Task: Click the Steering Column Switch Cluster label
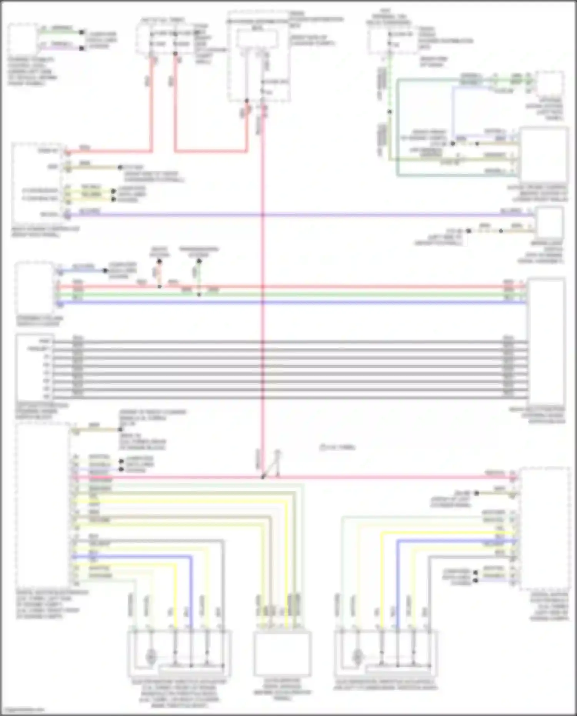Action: [x=40, y=321]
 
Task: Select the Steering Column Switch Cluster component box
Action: [x=34, y=288]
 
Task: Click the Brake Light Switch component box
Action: [x=550, y=222]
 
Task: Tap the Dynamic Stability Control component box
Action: [x=23, y=39]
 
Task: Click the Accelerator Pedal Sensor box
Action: [x=282, y=653]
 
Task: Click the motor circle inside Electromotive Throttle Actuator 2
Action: [x=357, y=656]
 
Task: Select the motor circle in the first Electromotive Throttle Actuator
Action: [x=151, y=656]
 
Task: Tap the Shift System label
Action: [x=159, y=252]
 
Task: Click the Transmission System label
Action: [x=198, y=252]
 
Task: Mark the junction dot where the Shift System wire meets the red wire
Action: [x=160, y=287]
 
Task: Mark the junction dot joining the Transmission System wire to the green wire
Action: [x=199, y=295]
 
